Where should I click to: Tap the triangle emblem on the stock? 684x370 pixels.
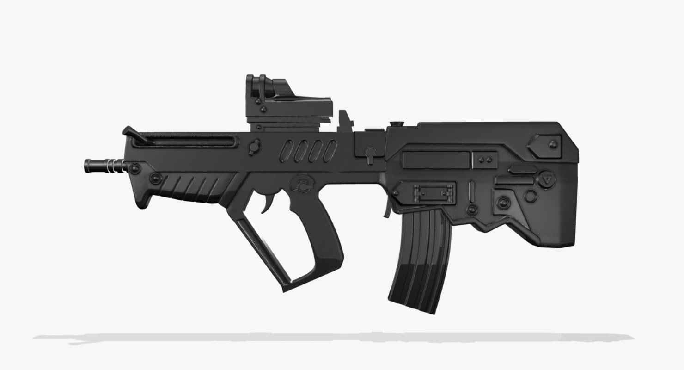click(547, 179)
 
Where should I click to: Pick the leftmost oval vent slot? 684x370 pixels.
click(287, 151)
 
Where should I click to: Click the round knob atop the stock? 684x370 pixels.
click(396, 124)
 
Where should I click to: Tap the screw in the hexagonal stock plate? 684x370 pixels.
click(553, 144)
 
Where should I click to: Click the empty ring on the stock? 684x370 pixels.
click(531, 197)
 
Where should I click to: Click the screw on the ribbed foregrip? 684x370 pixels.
click(155, 178)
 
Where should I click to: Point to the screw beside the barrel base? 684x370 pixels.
click(134, 168)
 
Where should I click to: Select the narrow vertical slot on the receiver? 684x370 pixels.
click(471, 191)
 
